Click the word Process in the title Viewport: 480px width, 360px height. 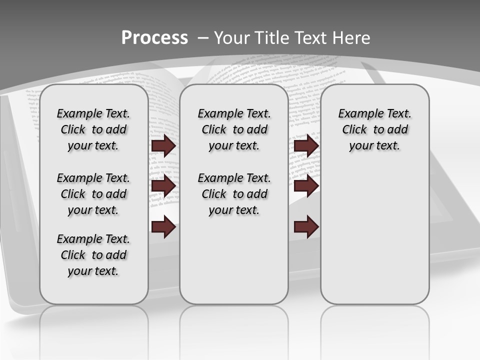154,38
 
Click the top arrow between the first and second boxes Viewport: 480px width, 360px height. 163,145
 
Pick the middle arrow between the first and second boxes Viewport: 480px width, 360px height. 163,185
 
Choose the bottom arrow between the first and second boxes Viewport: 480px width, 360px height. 163,226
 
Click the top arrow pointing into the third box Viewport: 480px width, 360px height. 306,145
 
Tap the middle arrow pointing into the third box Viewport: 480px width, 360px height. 306,185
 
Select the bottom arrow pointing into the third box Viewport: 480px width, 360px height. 306,226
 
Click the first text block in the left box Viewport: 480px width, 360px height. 93,129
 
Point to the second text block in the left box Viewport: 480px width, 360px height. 93,194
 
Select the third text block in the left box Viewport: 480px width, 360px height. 93,255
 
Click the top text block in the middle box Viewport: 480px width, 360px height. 234,129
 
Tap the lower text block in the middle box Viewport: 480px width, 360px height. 234,194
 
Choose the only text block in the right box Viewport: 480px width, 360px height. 374,129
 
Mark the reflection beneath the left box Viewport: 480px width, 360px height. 93,325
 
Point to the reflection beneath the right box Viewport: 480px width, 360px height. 374,325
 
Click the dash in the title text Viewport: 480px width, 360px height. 203,38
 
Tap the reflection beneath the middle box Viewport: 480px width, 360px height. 234,325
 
